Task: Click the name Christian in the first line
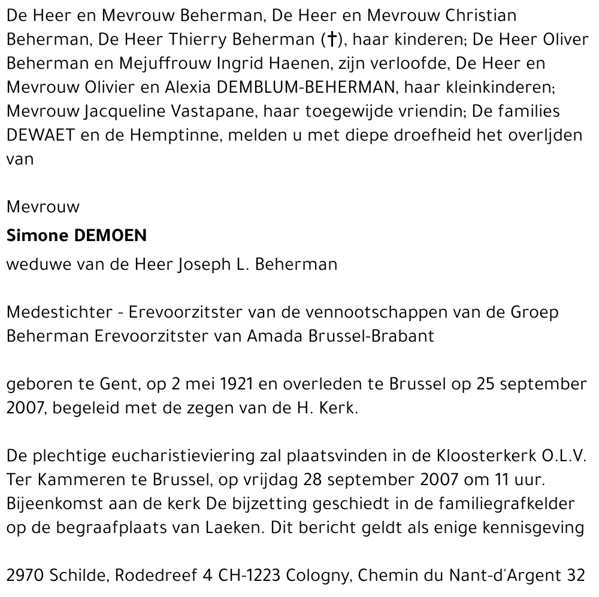482,15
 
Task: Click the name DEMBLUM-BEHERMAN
306,87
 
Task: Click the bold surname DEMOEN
110,235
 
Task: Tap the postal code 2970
25,575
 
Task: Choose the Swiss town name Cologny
313,575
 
